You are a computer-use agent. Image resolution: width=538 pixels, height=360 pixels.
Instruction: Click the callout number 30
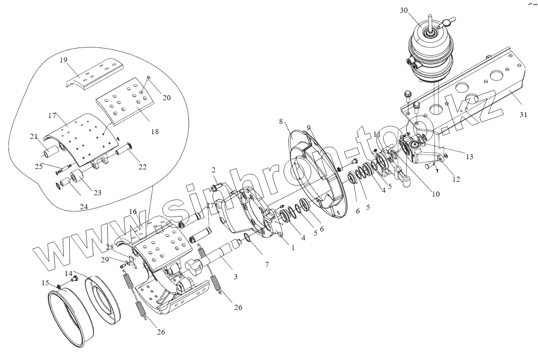tap(404, 11)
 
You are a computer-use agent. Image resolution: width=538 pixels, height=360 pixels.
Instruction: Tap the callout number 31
tap(523, 114)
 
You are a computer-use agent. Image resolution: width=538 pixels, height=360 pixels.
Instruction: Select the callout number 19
tap(63, 60)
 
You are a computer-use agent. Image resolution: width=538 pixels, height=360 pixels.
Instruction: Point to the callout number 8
tap(281, 122)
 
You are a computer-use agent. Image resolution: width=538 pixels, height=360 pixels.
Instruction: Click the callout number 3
tap(235, 276)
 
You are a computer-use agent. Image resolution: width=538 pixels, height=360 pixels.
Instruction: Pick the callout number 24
tap(84, 208)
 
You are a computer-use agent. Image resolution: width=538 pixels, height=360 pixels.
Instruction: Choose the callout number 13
tap(469, 157)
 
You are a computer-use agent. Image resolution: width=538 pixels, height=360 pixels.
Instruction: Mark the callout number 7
tap(266, 264)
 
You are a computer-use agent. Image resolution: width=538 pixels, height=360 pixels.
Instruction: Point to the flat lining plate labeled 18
tap(124, 100)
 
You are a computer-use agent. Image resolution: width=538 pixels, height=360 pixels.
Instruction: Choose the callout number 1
tap(293, 247)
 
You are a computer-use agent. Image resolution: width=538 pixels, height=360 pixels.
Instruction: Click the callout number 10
tap(436, 194)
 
